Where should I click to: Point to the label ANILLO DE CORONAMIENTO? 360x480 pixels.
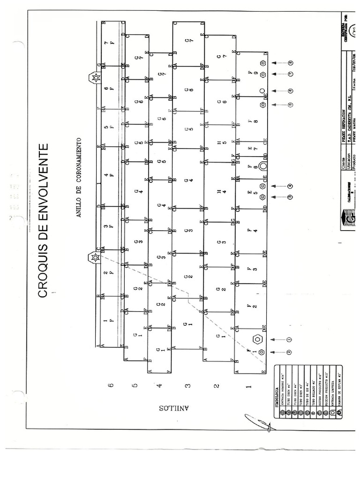coord(79,178)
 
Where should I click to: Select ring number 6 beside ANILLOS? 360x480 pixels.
coord(111,385)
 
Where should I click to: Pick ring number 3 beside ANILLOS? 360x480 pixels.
coord(187,386)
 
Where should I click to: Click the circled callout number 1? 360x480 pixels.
coord(289,339)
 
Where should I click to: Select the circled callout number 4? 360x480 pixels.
coord(290,186)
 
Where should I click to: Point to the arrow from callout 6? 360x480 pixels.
coord(277,91)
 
